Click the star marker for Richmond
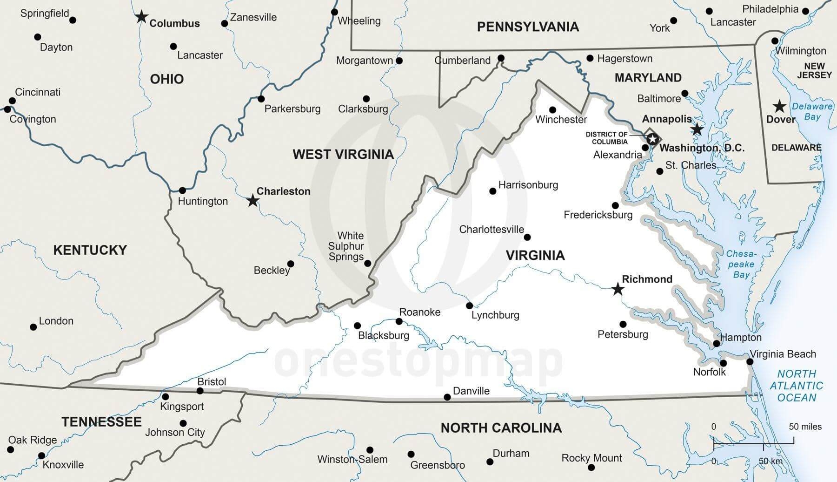(x=618, y=289)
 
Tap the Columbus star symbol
(x=141, y=17)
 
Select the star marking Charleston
(x=252, y=201)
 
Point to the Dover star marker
(x=779, y=106)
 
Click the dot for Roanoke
(x=399, y=321)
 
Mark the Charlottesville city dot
(x=527, y=237)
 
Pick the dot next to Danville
(x=447, y=397)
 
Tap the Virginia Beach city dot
(x=750, y=361)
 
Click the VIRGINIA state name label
(x=535, y=255)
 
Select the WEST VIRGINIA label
(x=343, y=154)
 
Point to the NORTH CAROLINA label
(x=501, y=428)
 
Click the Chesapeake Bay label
(x=741, y=264)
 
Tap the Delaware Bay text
(x=812, y=111)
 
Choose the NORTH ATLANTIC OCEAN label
(x=797, y=386)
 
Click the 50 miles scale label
(x=805, y=427)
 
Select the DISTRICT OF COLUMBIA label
(x=607, y=138)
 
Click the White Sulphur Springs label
(x=346, y=246)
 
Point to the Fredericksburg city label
(x=598, y=215)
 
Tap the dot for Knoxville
(x=42, y=455)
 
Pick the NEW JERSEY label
(x=814, y=70)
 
